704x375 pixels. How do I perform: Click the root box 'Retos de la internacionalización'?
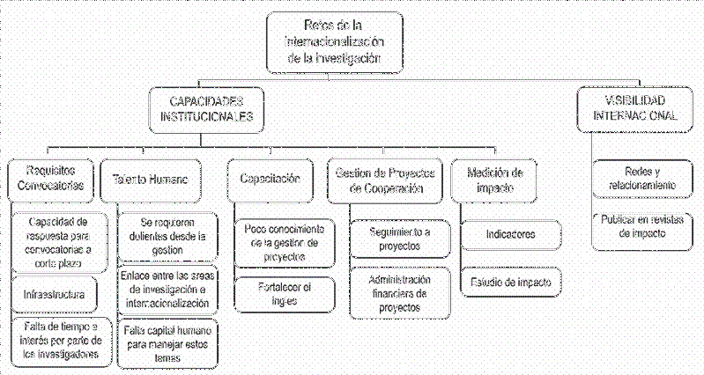coord(337,42)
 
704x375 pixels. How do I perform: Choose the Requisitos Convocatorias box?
coord(49,178)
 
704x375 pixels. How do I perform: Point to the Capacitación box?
coord(270,179)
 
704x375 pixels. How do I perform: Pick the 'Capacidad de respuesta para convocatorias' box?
coord(59,236)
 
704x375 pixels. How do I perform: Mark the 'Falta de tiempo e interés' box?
coord(59,342)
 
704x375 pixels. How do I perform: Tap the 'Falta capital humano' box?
coord(167,343)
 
